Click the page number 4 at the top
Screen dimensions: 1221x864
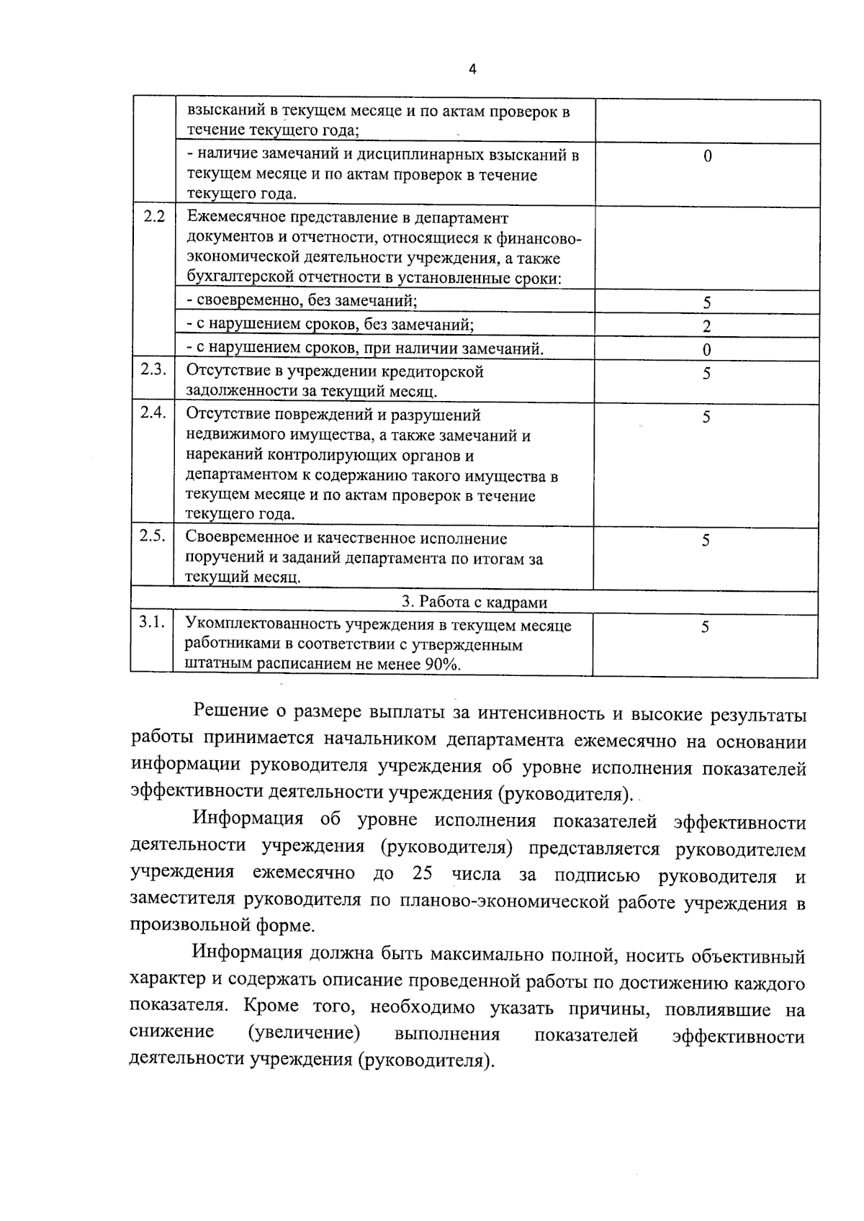click(x=472, y=70)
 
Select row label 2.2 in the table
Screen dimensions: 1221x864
click(x=154, y=217)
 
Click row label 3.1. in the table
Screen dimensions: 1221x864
click(x=153, y=623)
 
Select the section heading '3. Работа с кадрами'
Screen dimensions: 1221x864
click(x=474, y=603)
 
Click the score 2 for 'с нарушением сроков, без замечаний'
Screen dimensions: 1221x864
click(x=707, y=326)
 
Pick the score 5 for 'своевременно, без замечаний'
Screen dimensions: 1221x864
click(x=707, y=302)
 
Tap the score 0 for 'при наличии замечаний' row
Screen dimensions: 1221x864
click(x=707, y=350)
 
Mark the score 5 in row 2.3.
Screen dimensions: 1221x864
click(x=707, y=373)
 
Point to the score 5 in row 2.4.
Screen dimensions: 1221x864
click(x=707, y=417)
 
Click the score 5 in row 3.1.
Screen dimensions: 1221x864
click(x=706, y=627)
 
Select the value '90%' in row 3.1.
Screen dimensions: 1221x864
click(x=441, y=664)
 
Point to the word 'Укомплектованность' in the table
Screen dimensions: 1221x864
click(x=256, y=625)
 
